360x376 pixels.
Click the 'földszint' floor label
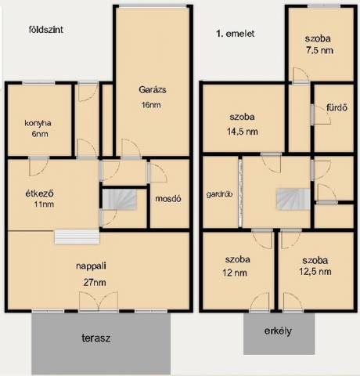[46, 30]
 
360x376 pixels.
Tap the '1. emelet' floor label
[235, 34]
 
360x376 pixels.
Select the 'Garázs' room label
[153, 90]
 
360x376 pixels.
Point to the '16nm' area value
[151, 105]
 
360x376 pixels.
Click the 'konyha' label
[38, 123]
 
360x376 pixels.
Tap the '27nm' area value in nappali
[95, 282]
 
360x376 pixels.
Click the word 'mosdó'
[168, 199]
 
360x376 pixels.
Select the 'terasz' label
[96, 338]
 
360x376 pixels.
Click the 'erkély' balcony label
[278, 331]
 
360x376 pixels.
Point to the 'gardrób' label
[219, 194]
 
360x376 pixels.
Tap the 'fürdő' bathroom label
[337, 107]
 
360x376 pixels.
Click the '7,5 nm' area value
[319, 50]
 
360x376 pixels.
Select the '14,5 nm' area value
[243, 132]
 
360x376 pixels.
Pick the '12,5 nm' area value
[315, 272]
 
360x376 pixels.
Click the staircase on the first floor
[293, 199]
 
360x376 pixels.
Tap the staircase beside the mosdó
[119, 200]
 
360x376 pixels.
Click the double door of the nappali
[99, 302]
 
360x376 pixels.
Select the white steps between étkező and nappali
[77, 237]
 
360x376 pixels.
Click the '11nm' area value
[44, 204]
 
